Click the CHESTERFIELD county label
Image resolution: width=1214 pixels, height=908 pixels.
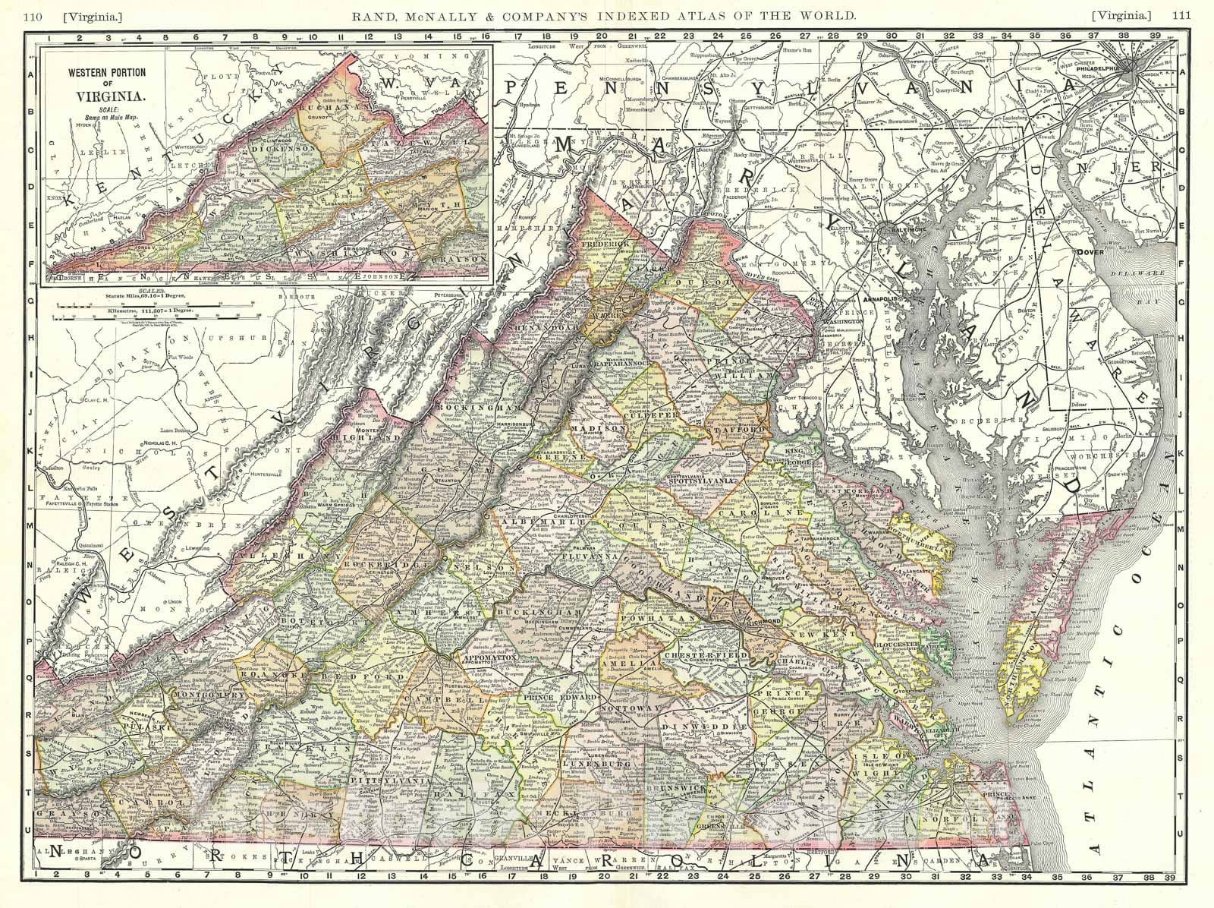click(706, 654)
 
